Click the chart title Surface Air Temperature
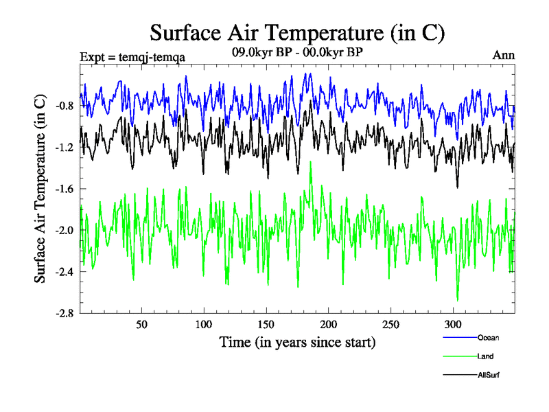297,32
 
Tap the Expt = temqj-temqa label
132,56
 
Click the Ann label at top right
504,56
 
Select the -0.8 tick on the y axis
66,106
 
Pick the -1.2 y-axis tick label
66,148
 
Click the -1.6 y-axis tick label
66,189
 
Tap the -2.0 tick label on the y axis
66,230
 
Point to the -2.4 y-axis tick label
66,271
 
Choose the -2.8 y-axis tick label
66,313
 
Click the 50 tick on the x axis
141,324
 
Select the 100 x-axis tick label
204,324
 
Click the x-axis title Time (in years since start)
297,342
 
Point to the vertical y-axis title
40,189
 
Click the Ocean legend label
488,337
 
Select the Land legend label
485,356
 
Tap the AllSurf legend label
488,375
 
